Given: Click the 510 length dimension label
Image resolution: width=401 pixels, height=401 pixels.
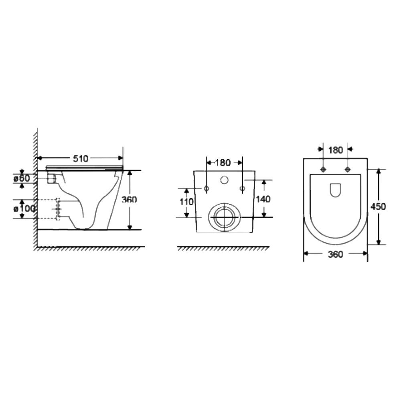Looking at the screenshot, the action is click(x=80, y=158).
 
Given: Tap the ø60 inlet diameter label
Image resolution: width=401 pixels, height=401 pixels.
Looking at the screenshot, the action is click(x=22, y=178).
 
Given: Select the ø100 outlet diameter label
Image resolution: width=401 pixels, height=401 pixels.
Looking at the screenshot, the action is click(x=24, y=209).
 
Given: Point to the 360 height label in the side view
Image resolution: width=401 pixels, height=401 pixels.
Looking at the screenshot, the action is click(x=129, y=199).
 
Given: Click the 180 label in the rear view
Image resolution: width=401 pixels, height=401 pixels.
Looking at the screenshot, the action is click(x=223, y=162).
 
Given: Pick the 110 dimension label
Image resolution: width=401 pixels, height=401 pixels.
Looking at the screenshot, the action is click(x=186, y=202).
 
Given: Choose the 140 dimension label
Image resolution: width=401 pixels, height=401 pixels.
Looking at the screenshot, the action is click(x=263, y=199).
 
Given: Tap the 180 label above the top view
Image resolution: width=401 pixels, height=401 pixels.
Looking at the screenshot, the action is click(x=336, y=150).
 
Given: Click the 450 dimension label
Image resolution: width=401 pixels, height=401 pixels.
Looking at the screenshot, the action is click(x=378, y=207).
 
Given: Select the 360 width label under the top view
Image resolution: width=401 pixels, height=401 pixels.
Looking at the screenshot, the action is click(x=335, y=255).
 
